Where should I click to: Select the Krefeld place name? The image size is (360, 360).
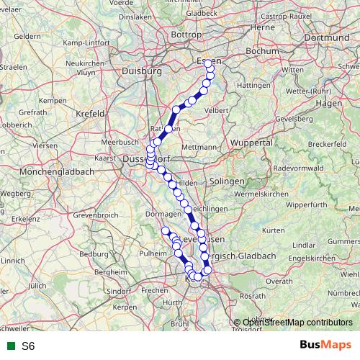[91, 114]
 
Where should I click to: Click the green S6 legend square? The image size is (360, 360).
[10, 346]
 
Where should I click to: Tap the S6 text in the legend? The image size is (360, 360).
[28, 346]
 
